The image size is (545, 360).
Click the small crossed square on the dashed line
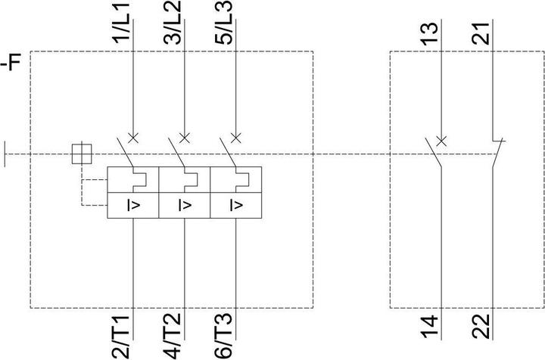79,154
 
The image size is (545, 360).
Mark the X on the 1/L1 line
133,138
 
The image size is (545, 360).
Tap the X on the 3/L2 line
185,138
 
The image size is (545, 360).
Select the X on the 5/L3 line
236,138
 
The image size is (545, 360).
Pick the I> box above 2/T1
132,205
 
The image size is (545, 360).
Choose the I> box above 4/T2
184,205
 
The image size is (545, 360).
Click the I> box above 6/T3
235,205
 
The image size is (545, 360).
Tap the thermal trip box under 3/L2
184,180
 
